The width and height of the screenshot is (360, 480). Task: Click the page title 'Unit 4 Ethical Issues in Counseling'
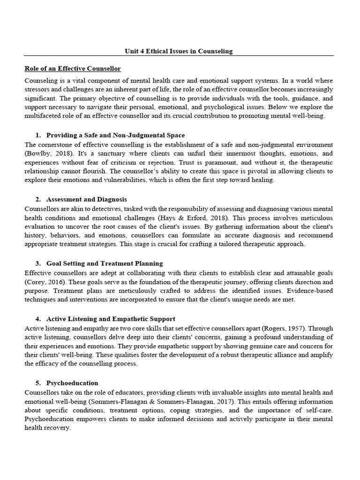pyautogui.click(x=178, y=51)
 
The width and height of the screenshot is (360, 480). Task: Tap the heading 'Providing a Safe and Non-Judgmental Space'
pyautogui.click(x=115, y=135)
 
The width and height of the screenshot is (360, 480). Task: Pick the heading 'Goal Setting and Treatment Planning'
pyautogui.click(x=105, y=263)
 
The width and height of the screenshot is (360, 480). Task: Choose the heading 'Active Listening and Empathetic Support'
pyautogui.click(x=111, y=319)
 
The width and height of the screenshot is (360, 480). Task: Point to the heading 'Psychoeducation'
pyautogui.click(x=72, y=383)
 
